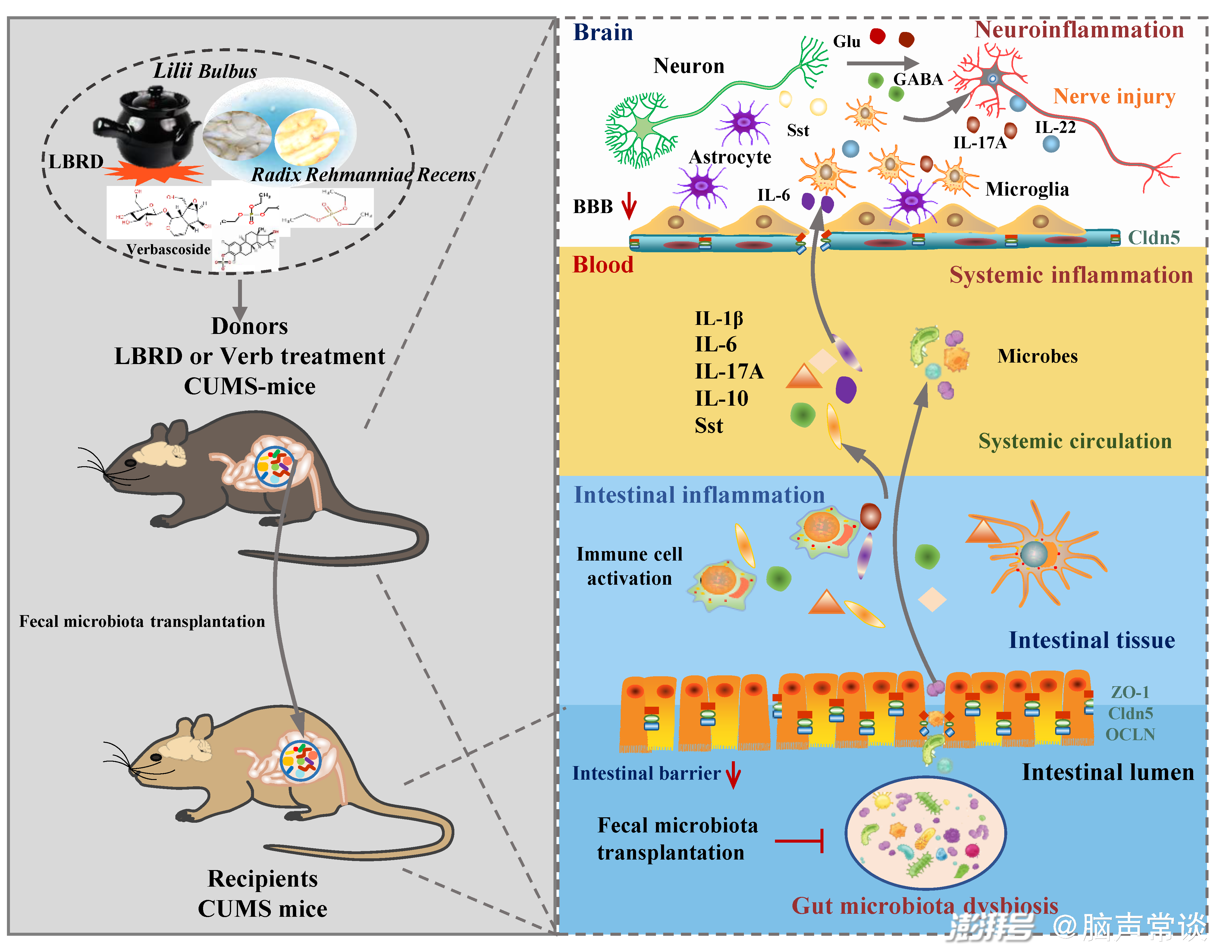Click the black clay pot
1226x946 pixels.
(147, 128)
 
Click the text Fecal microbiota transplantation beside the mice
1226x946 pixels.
(142, 621)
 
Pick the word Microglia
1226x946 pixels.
(1027, 189)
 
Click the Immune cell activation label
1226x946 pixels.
(629, 566)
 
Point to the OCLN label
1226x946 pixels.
(1130, 734)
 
